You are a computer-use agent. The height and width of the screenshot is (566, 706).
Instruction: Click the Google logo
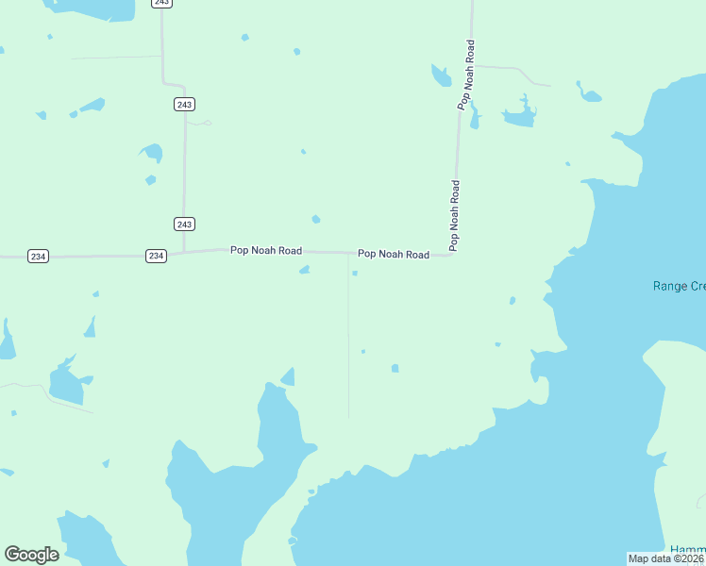pos(31,555)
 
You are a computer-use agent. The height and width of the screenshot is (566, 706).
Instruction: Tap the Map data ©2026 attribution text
pos(665,558)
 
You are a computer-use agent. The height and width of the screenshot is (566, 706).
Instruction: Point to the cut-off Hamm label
pos(688,550)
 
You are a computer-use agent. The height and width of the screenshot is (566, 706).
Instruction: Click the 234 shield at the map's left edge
pos(38,256)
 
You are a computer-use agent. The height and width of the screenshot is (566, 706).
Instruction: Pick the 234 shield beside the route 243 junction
pos(157,256)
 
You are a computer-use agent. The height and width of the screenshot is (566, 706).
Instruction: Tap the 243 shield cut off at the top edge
pos(162,3)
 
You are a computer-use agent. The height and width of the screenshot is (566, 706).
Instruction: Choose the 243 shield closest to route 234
pos(185,224)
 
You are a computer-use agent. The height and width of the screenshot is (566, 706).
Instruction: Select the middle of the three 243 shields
pos(185,104)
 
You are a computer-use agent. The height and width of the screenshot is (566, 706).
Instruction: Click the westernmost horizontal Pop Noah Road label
pos(266,251)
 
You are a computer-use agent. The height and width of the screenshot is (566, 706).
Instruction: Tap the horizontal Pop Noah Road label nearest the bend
pos(393,255)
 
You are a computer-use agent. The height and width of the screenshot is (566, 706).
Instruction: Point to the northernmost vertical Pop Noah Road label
pos(465,75)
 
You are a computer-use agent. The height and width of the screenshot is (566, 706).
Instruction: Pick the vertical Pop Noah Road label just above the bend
pos(455,215)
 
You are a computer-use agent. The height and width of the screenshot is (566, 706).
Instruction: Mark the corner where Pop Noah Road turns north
pos(454,255)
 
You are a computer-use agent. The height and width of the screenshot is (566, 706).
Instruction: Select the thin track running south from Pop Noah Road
pos(348,340)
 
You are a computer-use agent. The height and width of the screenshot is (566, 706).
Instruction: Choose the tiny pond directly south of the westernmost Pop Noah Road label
pos(304,271)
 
